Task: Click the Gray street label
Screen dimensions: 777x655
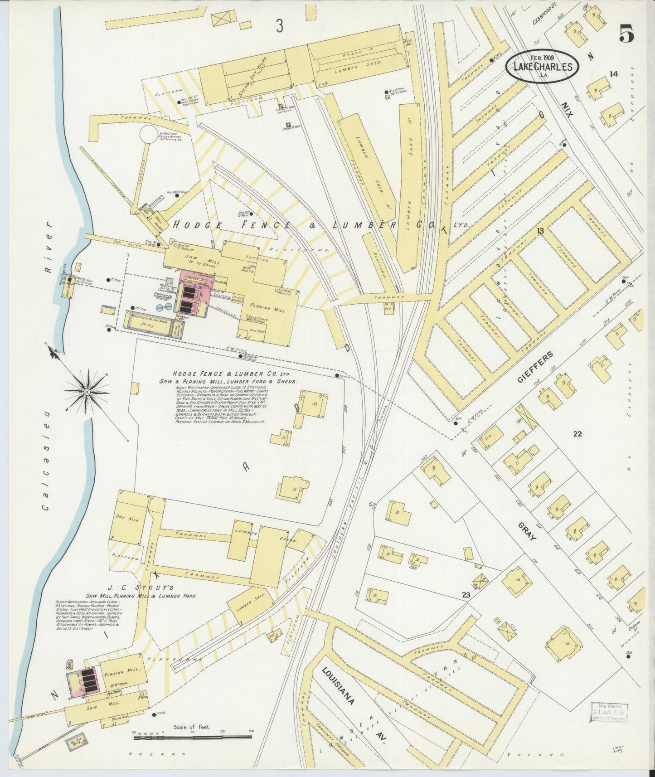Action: tap(529, 531)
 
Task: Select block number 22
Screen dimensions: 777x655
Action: tap(577, 434)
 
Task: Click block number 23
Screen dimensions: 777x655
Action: tap(466, 595)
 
